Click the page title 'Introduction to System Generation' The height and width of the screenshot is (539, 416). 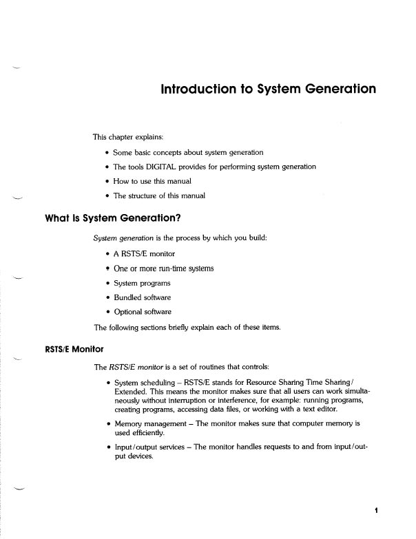click(x=268, y=89)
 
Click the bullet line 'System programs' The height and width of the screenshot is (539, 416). click(x=144, y=282)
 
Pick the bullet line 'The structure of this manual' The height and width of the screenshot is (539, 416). click(x=158, y=195)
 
